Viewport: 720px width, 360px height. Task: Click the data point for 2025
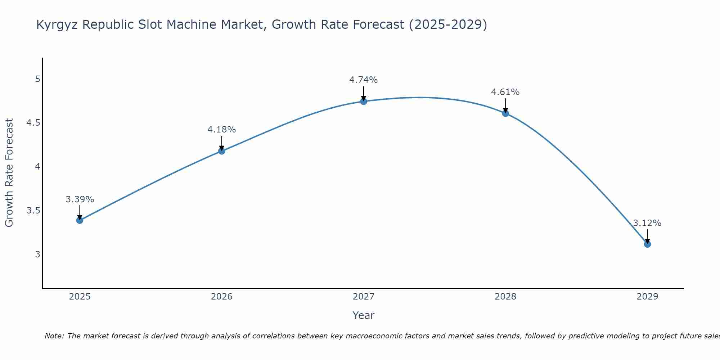pyautogui.click(x=80, y=220)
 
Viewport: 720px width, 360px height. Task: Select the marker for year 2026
pyautogui.click(x=221, y=151)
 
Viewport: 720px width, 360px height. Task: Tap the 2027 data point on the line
pyautogui.click(x=363, y=102)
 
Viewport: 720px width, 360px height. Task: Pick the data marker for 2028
pyautogui.click(x=505, y=113)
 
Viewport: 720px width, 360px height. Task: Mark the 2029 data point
pyautogui.click(x=647, y=244)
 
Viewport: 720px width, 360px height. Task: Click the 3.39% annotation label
pyautogui.click(x=80, y=199)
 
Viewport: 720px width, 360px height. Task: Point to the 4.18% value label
pyautogui.click(x=221, y=129)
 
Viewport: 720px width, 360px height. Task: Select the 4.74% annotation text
pyautogui.click(x=363, y=80)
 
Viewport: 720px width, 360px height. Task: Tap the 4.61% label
pyautogui.click(x=505, y=92)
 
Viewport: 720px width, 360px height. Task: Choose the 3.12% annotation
pyautogui.click(x=647, y=223)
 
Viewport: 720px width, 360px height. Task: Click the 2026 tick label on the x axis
pyautogui.click(x=221, y=297)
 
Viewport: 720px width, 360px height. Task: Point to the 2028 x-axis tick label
pyautogui.click(x=505, y=297)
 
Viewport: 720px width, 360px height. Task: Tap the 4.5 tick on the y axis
pyautogui.click(x=33, y=123)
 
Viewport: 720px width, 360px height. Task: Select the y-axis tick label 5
pyautogui.click(x=37, y=79)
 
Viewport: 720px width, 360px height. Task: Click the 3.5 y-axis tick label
pyautogui.click(x=33, y=210)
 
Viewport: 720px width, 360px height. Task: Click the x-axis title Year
pyautogui.click(x=363, y=315)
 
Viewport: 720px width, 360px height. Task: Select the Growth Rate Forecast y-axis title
pyautogui.click(x=9, y=172)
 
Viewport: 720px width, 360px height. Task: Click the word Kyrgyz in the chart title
pyautogui.click(x=57, y=25)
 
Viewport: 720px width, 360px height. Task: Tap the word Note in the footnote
pyautogui.click(x=54, y=336)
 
